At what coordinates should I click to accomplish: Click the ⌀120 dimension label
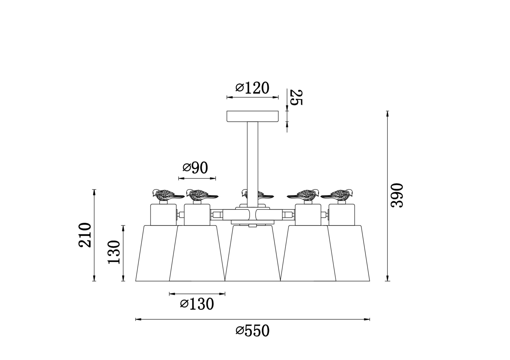tap(252, 88)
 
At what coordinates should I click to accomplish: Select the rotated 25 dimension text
tap(296, 98)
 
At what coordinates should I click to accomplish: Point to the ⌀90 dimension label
tap(195, 168)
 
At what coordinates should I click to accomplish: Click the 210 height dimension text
tap(85, 235)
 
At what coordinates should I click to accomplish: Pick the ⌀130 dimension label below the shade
tap(197, 304)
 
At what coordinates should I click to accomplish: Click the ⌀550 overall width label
tap(252, 331)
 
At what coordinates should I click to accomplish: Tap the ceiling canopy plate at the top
tap(252, 116)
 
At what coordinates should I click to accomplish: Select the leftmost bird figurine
tap(167, 195)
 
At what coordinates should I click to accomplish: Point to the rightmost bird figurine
tap(338, 195)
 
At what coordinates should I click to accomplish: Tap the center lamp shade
tap(252, 255)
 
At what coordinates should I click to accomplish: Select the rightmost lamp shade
tap(353, 255)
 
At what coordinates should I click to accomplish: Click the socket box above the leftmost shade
tap(163, 215)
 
